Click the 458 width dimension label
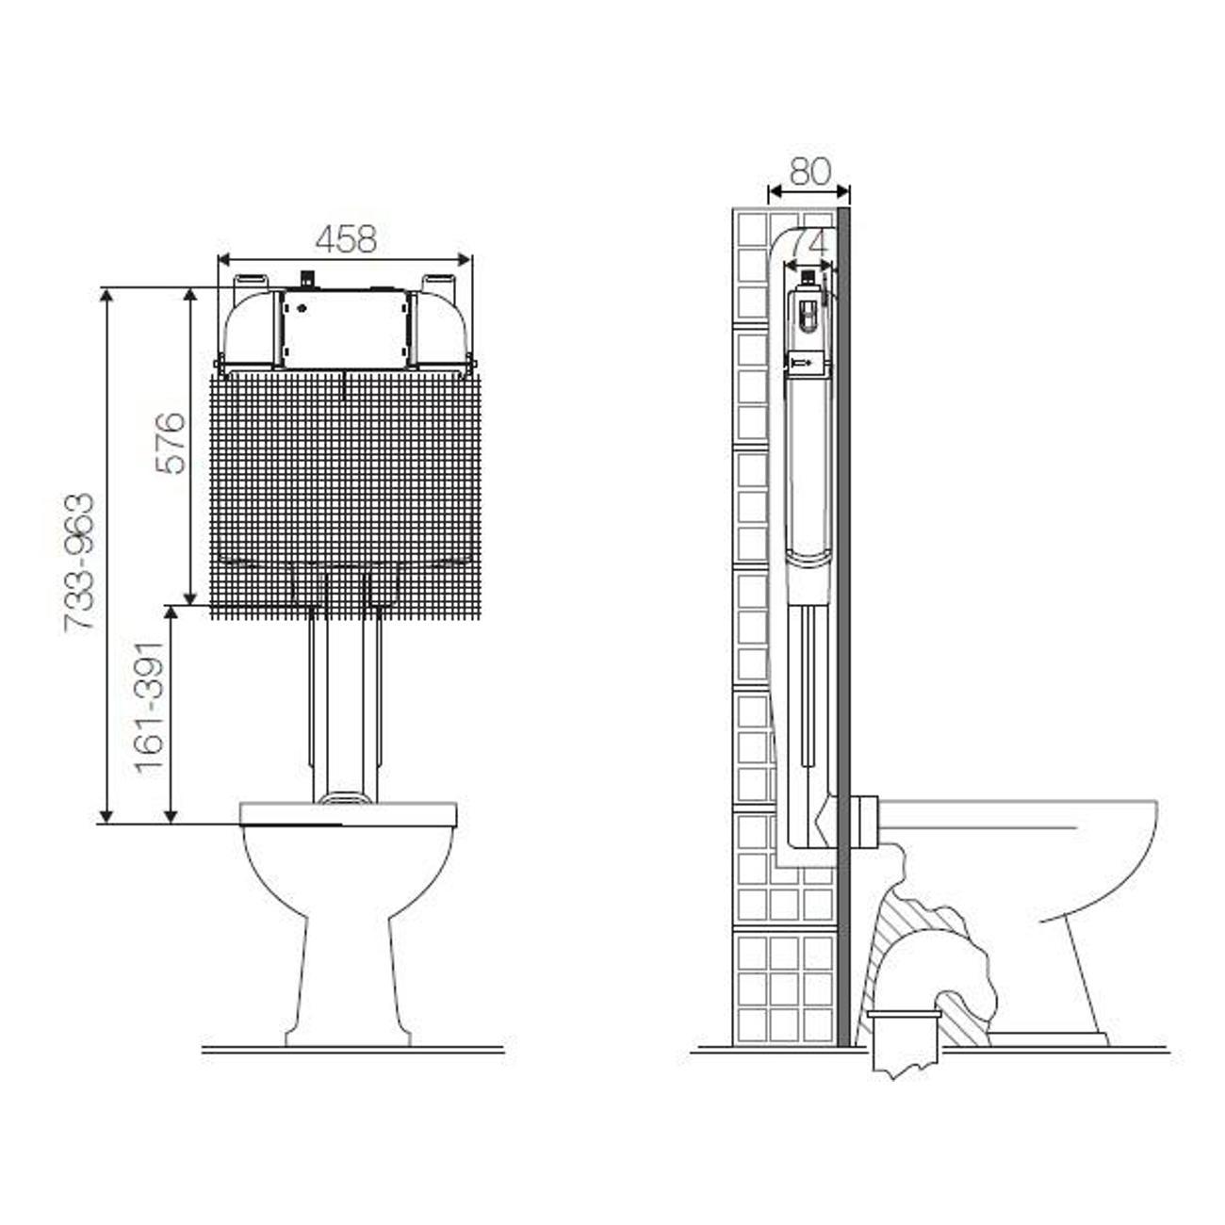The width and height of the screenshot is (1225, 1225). click(x=346, y=239)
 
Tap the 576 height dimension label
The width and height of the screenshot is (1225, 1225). click(x=171, y=443)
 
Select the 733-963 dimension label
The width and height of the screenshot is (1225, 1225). click(x=79, y=562)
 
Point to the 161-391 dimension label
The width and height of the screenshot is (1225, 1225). click(x=150, y=708)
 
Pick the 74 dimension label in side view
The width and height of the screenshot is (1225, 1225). click(x=808, y=243)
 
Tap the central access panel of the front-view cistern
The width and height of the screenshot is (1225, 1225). click(x=345, y=329)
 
